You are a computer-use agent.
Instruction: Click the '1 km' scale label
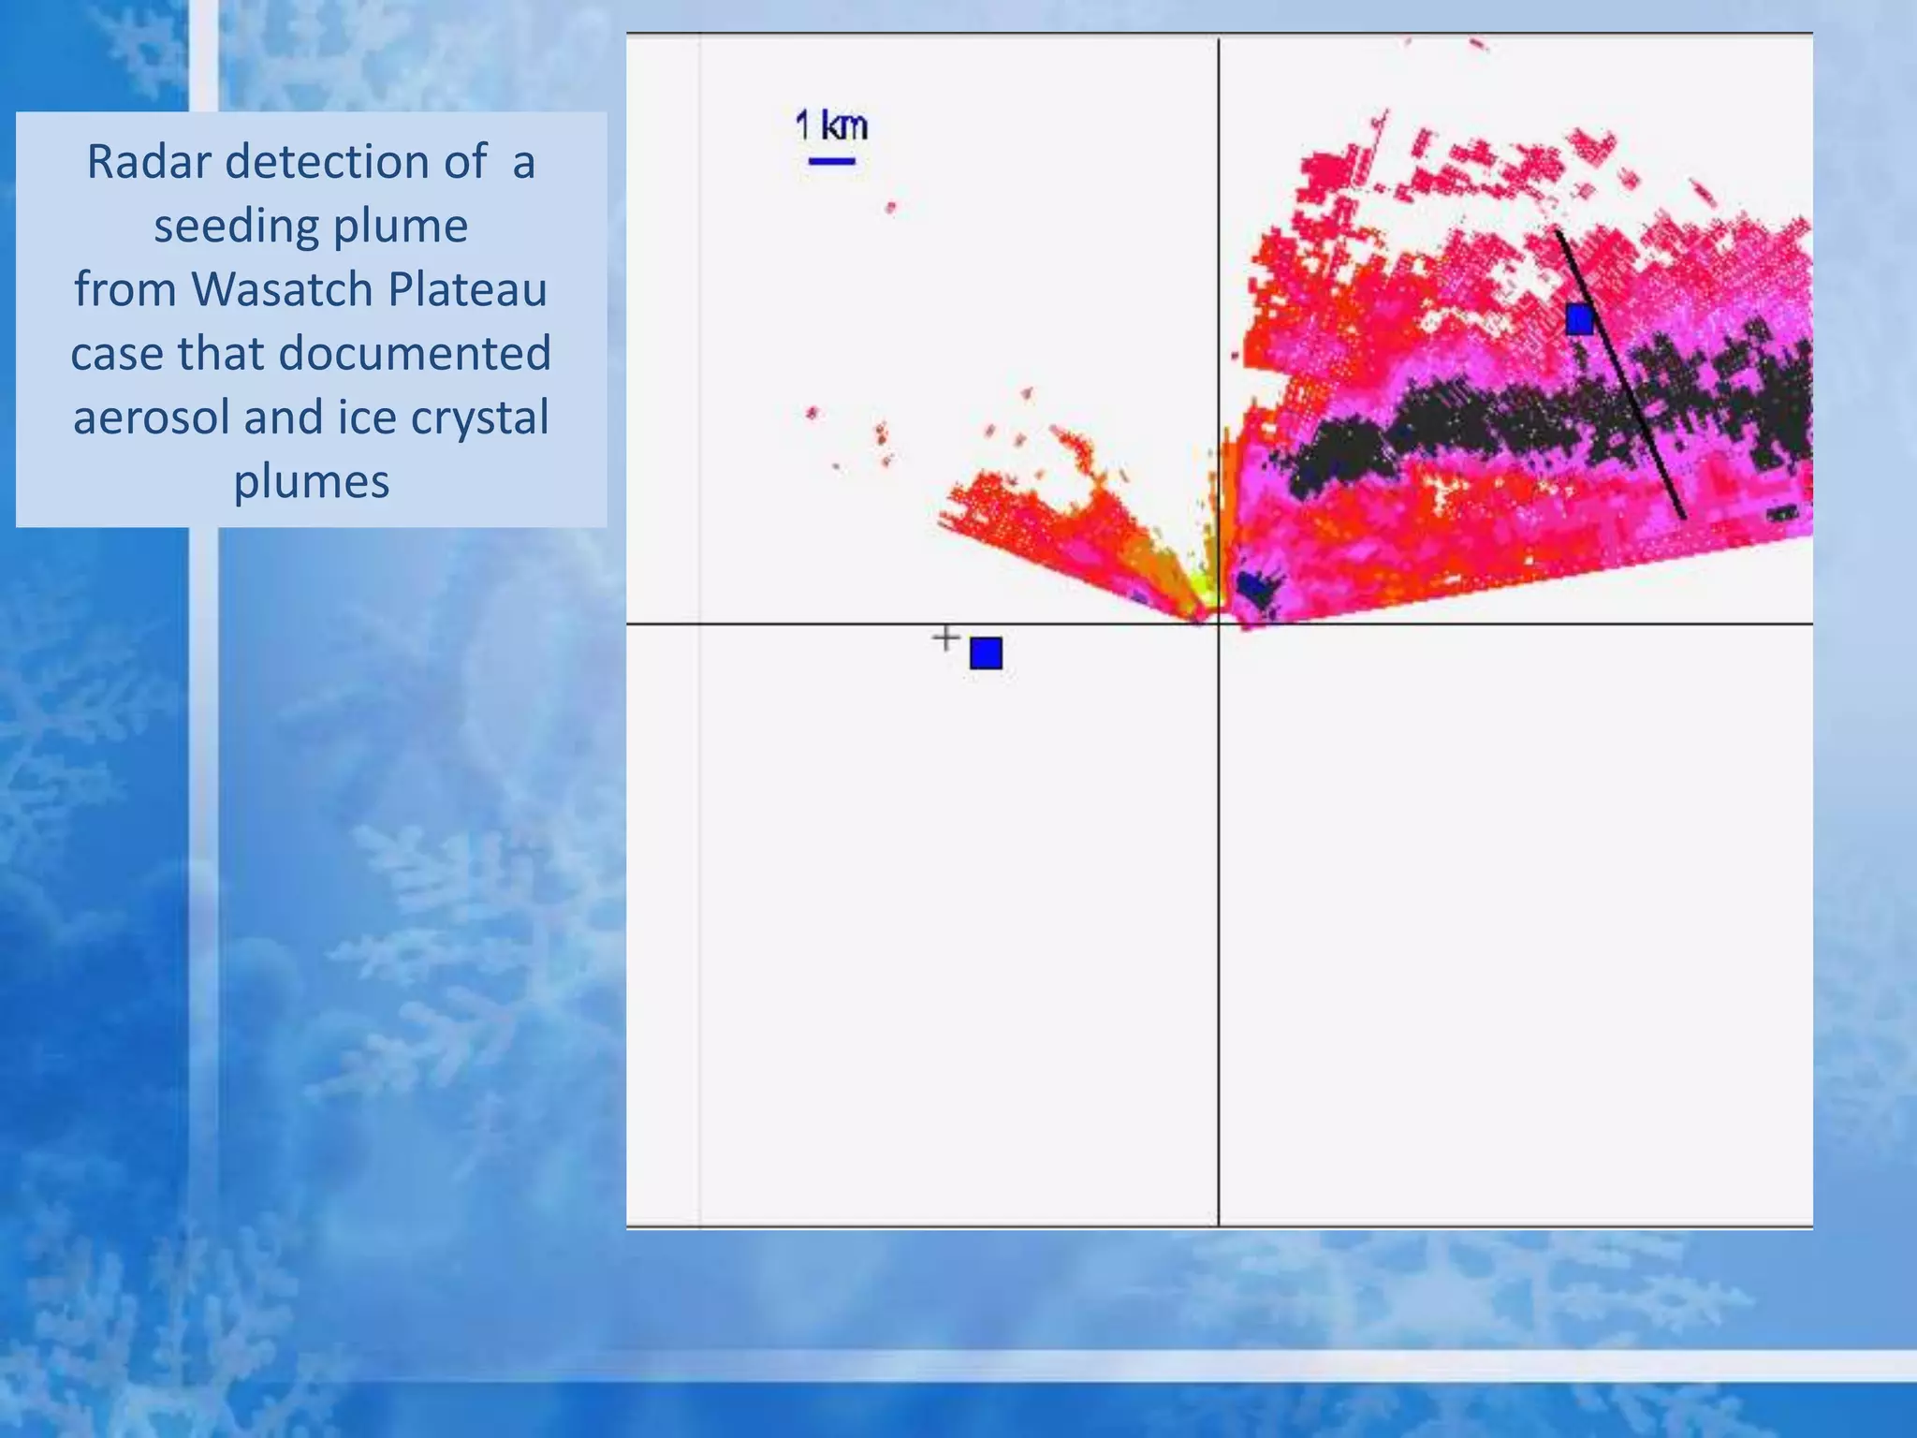tap(831, 125)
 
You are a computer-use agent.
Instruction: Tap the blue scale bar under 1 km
tap(831, 162)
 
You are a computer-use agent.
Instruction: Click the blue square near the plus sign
tap(986, 653)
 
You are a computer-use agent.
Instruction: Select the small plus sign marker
tap(946, 638)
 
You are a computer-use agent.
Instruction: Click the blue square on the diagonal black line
tap(1580, 319)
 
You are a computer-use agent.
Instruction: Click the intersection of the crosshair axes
tap(1218, 624)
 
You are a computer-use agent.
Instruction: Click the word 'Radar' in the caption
tap(149, 162)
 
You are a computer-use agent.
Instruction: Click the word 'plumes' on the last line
tap(311, 481)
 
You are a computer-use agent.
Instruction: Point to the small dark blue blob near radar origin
tap(1257, 587)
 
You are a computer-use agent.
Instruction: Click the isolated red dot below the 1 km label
tap(890, 208)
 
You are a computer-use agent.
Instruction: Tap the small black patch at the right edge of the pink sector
tap(1781, 513)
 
